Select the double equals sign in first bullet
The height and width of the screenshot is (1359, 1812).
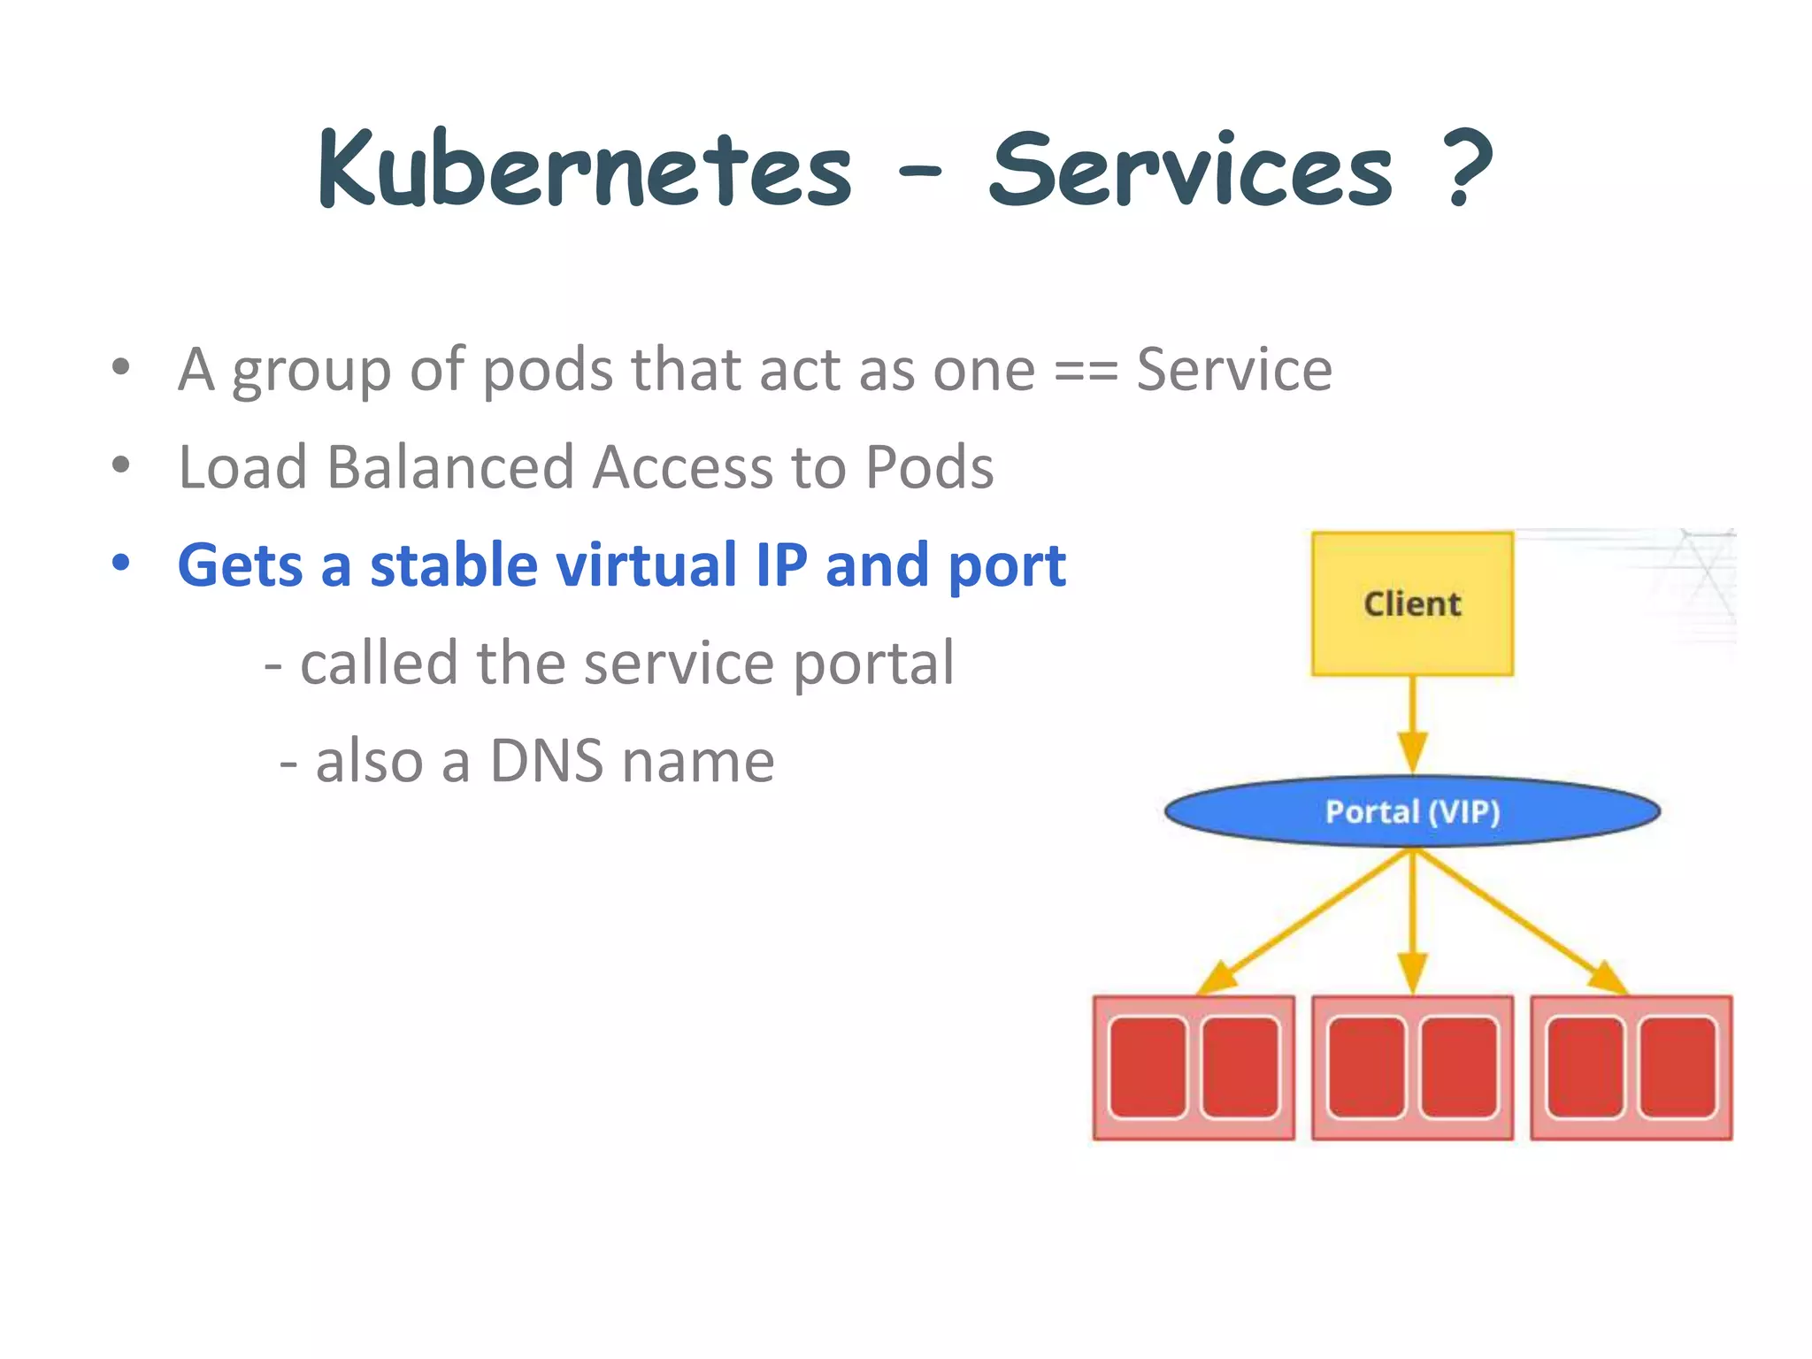[x=1086, y=370]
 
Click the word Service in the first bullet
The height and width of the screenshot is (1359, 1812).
[x=1233, y=370]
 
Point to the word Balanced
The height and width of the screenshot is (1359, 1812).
[x=450, y=466]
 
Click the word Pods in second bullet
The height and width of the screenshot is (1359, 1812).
[x=929, y=466]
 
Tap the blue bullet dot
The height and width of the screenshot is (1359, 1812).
[x=121, y=563]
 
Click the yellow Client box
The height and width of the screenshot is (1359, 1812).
[x=1412, y=603]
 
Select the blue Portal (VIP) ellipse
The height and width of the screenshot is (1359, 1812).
[x=1412, y=811]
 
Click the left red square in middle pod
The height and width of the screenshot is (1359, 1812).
[x=1366, y=1068]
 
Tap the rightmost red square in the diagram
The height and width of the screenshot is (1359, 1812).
[x=1678, y=1068]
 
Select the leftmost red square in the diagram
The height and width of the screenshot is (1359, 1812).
[x=1148, y=1068]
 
